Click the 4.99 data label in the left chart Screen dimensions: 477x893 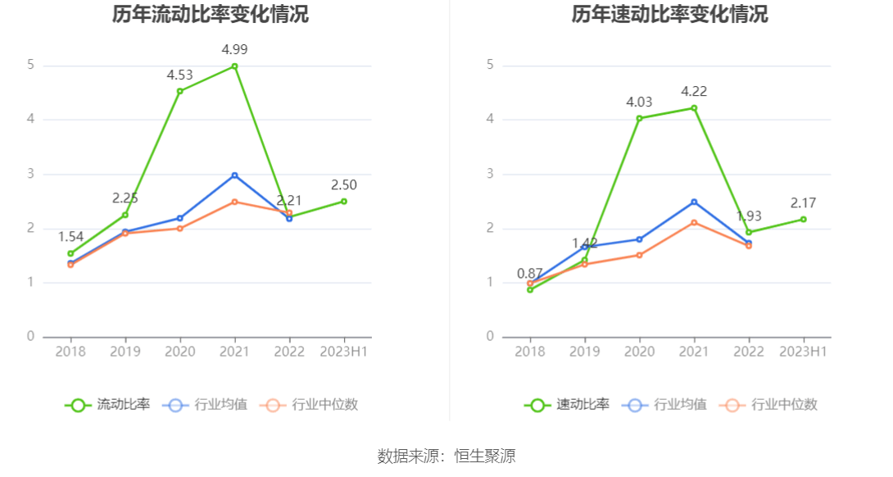click(234, 50)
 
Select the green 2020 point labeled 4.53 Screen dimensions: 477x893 click(180, 91)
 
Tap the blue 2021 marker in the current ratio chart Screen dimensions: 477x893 click(234, 175)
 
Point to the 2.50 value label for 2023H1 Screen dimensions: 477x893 click(344, 185)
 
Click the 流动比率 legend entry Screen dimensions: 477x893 click(108, 405)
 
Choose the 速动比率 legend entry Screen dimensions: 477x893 click(567, 405)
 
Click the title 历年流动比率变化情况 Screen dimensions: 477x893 click(211, 14)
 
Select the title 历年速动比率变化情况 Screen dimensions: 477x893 click(669, 14)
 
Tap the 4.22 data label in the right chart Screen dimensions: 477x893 click(693, 92)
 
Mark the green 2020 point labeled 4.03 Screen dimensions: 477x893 click(639, 118)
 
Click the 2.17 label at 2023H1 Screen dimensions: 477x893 click(803, 203)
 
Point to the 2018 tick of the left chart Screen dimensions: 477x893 click(70, 352)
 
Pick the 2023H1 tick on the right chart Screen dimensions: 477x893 click(803, 352)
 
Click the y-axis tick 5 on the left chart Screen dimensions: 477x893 click(30, 65)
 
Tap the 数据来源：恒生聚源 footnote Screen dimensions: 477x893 click(446, 457)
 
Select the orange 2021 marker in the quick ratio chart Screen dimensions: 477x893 click(693, 222)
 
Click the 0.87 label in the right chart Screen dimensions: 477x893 click(530, 274)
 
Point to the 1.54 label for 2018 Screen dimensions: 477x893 click(70, 237)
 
